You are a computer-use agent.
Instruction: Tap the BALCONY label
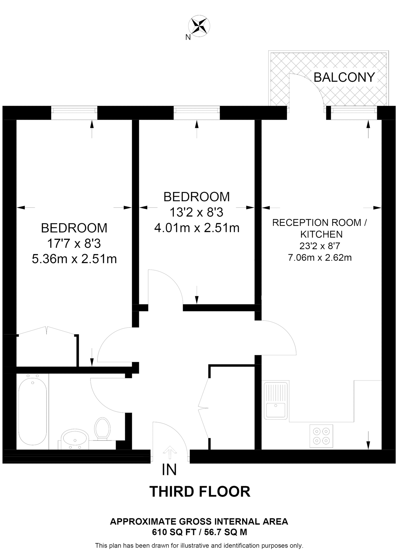(x=344, y=77)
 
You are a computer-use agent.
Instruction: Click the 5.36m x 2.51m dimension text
(x=74, y=259)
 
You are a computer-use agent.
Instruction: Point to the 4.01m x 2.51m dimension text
(x=197, y=228)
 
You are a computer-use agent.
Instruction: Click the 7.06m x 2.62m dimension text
(x=320, y=257)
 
